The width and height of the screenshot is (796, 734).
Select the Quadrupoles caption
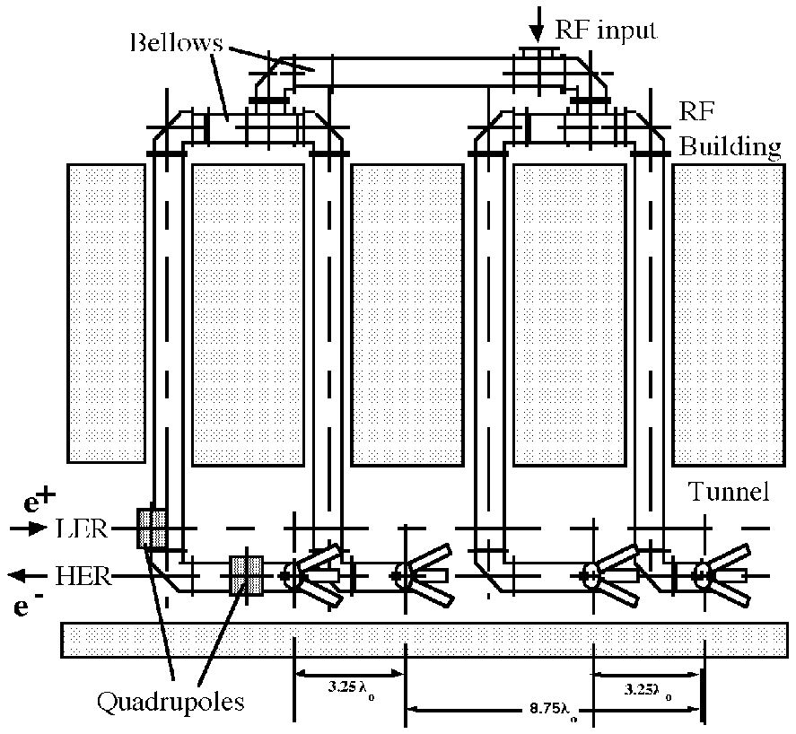[171, 701]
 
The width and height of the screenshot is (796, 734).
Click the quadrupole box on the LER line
[153, 528]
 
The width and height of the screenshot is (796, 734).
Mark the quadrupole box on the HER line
[246, 576]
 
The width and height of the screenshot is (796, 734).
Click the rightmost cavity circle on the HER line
[703, 574]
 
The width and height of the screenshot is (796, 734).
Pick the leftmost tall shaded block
[106, 313]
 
